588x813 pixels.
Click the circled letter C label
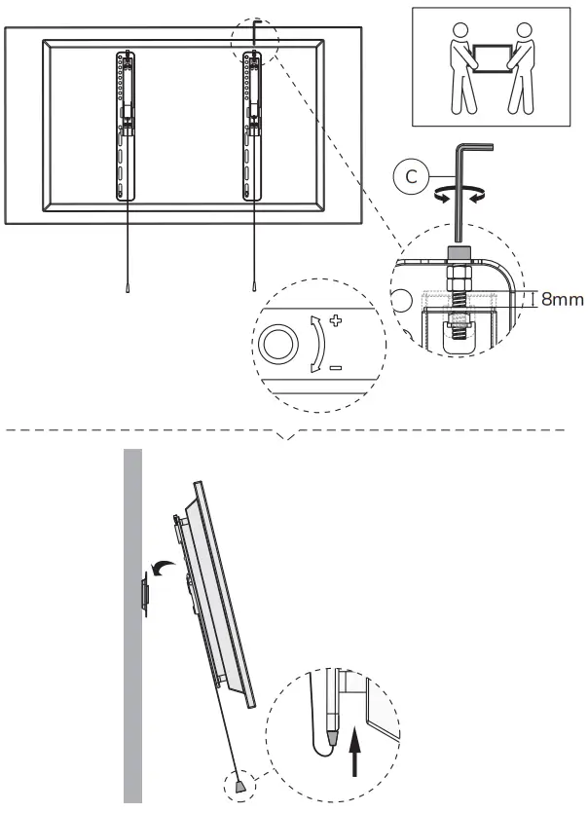pyautogui.click(x=411, y=177)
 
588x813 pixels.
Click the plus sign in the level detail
pyautogui.click(x=337, y=318)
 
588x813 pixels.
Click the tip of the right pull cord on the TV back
pyautogui.click(x=253, y=288)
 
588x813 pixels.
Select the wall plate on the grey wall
pyautogui.click(x=144, y=593)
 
